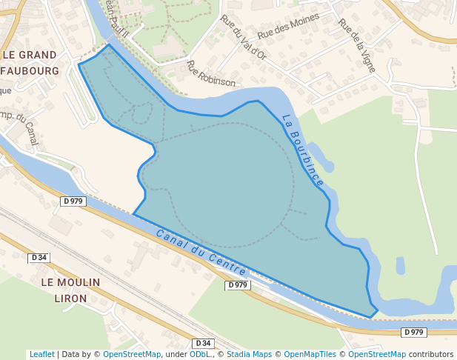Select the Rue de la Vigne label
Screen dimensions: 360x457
(356, 44)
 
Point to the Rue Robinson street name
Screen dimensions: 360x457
(211, 74)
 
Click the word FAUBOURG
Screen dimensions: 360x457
(30, 71)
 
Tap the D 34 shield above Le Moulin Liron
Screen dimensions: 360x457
(39, 258)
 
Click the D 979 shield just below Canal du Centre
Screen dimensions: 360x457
(237, 285)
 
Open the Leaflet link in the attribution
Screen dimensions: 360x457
(41, 354)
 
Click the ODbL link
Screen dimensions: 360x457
(200, 354)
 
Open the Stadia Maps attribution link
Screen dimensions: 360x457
(249, 354)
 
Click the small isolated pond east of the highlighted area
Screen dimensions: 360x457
(400, 265)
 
